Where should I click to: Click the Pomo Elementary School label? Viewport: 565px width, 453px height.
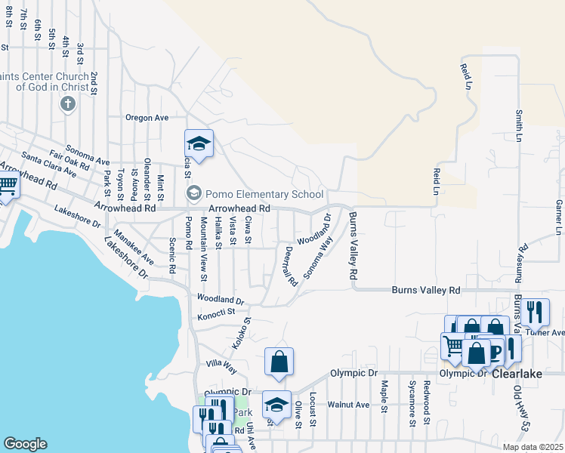coord(265,194)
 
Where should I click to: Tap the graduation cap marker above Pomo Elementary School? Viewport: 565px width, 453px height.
coord(199,144)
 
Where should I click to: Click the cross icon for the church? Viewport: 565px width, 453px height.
coord(67,103)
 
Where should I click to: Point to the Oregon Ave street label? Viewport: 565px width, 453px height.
coord(147,118)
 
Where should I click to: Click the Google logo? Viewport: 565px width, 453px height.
coord(25,444)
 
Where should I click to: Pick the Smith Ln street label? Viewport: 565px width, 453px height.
coord(519,125)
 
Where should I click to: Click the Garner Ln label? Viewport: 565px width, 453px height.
coord(559,217)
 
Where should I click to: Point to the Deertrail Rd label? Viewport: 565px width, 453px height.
coord(289,266)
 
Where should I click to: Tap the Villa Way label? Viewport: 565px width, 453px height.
coord(221,367)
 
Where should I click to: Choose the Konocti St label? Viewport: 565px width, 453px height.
coord(217,311)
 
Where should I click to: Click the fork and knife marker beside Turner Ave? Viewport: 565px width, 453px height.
coord(535,311)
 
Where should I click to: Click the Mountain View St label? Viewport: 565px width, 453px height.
coord(203,245)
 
